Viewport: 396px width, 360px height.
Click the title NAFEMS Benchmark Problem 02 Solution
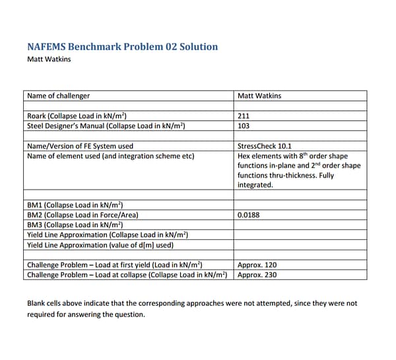coord(122,47)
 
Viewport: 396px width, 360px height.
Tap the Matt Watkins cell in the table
coord(259,96)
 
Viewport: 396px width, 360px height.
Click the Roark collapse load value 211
coord(244,116)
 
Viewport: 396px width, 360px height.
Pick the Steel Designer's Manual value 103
coord(244,126)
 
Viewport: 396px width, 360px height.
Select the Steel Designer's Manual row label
coord(106,126)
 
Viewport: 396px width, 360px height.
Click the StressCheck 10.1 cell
coord(265,146)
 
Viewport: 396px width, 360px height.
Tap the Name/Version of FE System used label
coord(80,146)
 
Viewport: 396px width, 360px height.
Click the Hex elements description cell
coord(299,170)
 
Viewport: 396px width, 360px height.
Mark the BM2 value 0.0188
coord(249,215)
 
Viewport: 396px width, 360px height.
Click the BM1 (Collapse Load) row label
coord(75,205)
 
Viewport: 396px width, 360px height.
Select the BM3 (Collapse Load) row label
coord(75,225)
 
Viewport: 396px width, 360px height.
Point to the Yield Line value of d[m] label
coord(100,244)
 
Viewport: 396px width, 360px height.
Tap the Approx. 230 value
coord(257,275)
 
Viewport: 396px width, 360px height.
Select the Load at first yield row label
coord(114,265)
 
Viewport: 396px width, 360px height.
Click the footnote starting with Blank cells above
coord(191,308)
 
